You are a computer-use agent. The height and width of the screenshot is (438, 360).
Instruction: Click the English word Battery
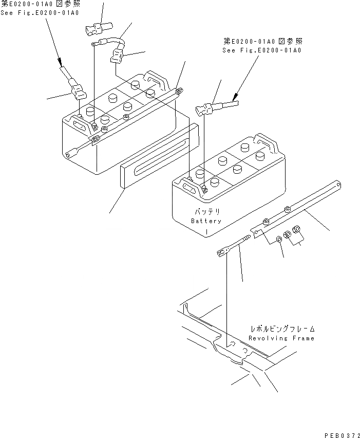pos(206,221)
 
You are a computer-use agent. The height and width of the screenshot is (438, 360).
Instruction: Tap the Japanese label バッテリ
pos(206,212)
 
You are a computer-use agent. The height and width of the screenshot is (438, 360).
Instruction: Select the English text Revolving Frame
pos(281,338)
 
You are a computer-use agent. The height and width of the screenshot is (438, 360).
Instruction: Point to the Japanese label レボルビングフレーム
pos(282,328)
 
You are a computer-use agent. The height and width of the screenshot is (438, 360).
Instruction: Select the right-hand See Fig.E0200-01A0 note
pos(262,50)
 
